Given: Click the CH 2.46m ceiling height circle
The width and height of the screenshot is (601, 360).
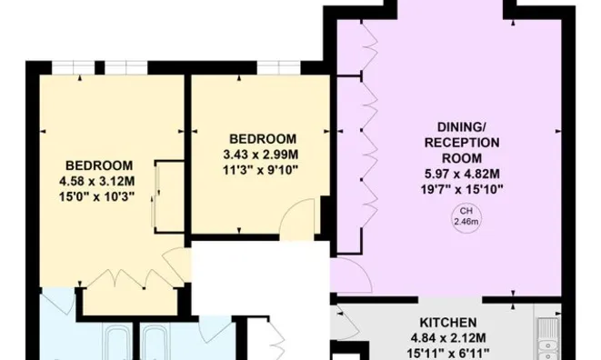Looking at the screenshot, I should coord(464,216).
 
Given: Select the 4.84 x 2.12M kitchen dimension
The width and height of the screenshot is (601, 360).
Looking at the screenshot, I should coord(448,338).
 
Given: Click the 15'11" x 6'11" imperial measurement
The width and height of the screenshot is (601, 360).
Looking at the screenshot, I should coord(448,353).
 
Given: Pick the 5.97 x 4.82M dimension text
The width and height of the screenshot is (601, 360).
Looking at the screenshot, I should coord(464,175).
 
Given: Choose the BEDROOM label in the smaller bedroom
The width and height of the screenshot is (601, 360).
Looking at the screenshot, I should coord(260,138).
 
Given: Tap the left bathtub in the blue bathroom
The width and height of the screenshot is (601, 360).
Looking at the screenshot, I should coord(117,345).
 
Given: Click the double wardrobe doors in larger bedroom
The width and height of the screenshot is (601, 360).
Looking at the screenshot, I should coord(127,275).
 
